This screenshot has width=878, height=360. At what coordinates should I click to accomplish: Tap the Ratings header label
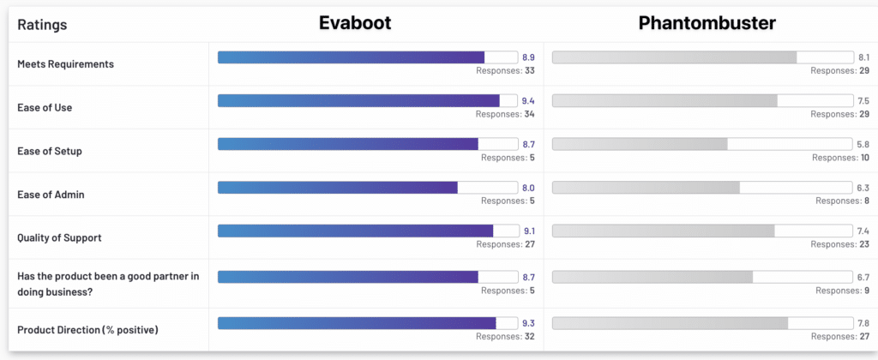point(42,25)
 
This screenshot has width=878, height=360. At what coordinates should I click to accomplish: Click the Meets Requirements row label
point(65,64)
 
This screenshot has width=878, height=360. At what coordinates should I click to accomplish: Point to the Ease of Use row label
point(45,108)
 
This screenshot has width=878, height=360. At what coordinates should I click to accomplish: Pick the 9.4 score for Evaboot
point(528,101)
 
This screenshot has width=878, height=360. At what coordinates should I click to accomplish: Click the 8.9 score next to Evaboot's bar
point(528,57)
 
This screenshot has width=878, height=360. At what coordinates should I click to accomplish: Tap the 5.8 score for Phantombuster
point(863,144)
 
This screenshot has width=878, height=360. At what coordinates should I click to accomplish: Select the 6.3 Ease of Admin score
point(863,188)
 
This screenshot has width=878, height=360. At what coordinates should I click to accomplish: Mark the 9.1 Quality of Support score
point(528,231)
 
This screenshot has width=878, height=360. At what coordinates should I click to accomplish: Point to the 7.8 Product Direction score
point(863,323)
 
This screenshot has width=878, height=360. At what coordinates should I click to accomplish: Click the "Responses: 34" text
point(506,114)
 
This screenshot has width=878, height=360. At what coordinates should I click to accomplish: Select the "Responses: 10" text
point(840,158)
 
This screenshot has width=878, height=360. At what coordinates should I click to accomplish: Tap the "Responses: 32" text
point(506,337)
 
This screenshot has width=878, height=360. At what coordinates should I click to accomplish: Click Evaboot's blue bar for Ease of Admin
point(338,188)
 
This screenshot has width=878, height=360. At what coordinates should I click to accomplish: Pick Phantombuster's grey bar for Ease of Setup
point(640,144)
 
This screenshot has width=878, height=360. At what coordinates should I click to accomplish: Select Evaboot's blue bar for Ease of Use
point(358,101)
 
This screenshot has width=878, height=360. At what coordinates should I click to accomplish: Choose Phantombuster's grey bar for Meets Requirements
point(674,57)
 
